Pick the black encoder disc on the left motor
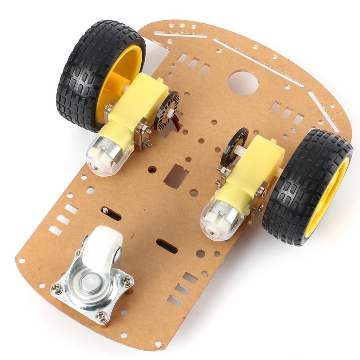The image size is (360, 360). coord(166,111)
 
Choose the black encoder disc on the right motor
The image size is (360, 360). coord(233,146)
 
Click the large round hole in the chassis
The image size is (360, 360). coord(243,83)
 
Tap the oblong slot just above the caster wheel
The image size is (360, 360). coord(111,213)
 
